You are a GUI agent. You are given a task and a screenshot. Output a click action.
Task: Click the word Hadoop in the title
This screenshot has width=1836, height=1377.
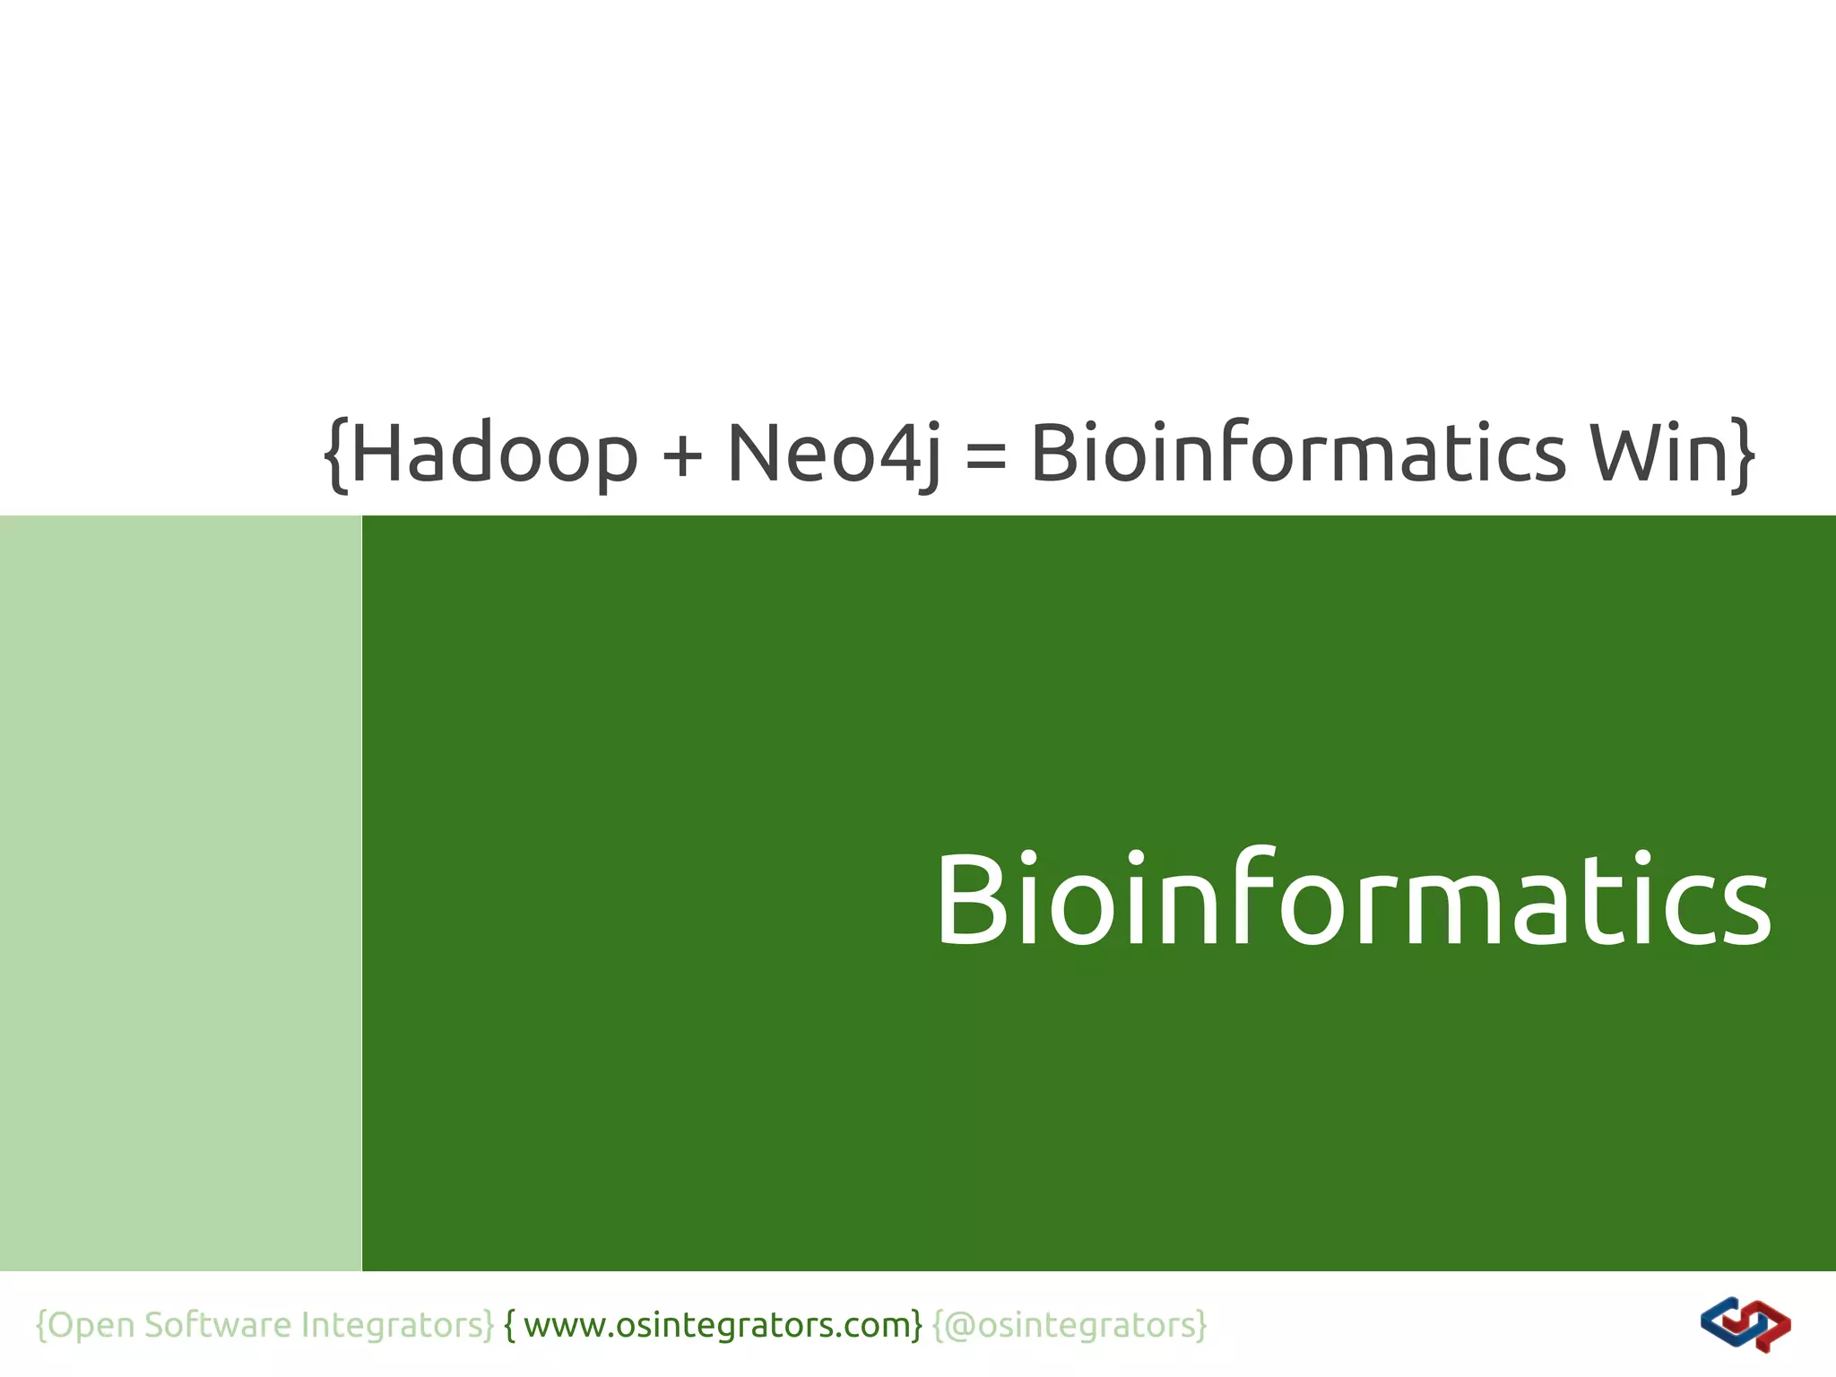(x=494, y=454)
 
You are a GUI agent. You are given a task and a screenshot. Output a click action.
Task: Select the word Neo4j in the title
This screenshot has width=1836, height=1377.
(x=834, y=454)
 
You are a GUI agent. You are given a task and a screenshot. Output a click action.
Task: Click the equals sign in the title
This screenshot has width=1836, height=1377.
(x=986, y=455)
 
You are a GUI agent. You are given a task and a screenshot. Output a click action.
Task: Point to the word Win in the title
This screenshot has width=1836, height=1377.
(x=1658, y=452)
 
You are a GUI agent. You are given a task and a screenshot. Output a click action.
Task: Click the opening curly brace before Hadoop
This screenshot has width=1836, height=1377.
(x=335, y=454)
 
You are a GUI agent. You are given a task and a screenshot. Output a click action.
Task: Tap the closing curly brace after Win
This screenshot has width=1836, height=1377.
(x=1743, y=454)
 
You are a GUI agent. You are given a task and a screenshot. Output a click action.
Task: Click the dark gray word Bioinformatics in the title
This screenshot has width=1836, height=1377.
(x=1298, y=452)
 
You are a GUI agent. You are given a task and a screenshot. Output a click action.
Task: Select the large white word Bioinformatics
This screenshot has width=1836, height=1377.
(x=1354, y=899)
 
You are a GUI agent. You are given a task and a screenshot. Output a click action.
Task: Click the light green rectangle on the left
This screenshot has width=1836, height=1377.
(x=180, y=893)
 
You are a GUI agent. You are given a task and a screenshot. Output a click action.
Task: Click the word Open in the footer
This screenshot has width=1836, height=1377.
(x=91, y=1325)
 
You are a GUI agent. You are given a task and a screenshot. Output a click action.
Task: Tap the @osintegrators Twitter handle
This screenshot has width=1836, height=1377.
(x=1071, y=1325)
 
